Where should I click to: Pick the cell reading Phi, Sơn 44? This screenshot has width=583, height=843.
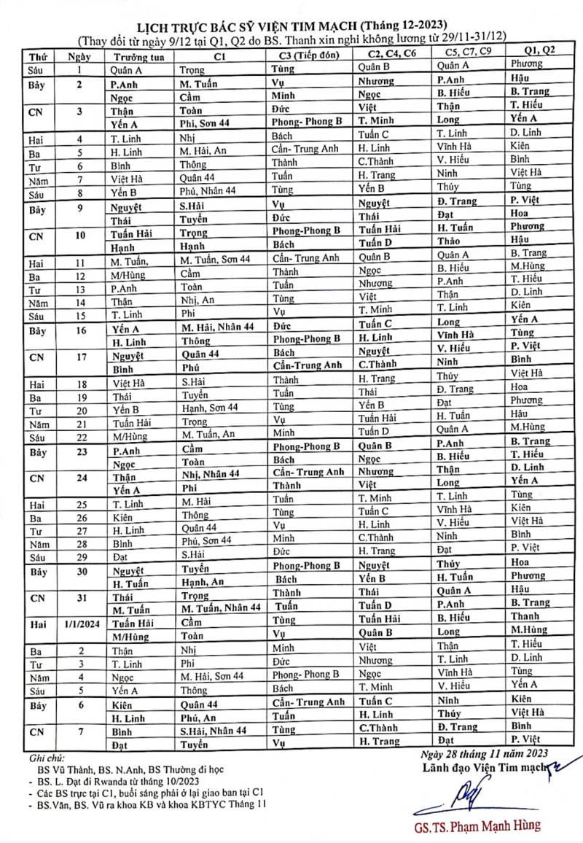pyautogui.click(x=206, y=124)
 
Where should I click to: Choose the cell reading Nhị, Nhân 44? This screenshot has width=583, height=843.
pyautogui.click(x=211, y=474)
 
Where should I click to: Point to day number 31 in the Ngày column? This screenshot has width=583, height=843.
pyautogui.click(x=82, y=597)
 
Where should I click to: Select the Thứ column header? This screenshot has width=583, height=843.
pyautogui.click(x=37, y=56)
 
